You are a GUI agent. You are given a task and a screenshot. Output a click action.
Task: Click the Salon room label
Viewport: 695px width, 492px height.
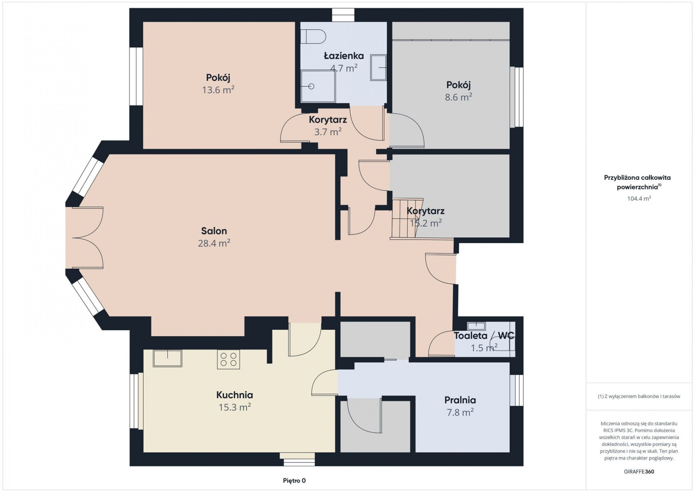click(214, 231)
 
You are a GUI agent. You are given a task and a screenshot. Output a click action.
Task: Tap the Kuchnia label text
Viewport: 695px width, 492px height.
click(234, 395)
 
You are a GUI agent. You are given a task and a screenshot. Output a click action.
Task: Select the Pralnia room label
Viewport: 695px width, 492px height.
click(460, 400)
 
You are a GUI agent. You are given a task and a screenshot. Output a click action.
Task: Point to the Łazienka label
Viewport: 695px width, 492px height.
click(344, 56)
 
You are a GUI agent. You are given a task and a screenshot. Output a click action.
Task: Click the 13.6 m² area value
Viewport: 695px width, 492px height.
click(218, 90)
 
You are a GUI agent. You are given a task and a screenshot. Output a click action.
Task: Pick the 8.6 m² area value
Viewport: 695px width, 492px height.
click(458, 97)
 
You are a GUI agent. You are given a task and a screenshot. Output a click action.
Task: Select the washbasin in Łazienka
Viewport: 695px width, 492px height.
click(378, 67)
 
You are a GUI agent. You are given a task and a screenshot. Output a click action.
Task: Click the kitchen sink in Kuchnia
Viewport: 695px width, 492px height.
click(167, 358)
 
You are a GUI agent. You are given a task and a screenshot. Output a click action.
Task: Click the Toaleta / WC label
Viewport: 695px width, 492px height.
click(484, 335)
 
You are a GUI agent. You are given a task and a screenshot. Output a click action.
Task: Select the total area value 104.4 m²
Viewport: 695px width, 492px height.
click(639, 198)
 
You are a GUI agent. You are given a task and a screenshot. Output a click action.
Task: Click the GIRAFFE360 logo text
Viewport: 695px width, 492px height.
click(639, 471)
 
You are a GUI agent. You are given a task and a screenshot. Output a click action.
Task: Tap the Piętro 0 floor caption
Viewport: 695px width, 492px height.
click(294, 480)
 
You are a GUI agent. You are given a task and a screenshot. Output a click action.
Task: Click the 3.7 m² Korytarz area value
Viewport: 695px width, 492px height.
click(328, 132)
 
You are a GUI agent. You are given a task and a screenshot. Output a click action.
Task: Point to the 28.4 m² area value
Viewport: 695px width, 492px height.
click(214, 243)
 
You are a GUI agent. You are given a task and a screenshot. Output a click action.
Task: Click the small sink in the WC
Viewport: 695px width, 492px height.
click(476, 326)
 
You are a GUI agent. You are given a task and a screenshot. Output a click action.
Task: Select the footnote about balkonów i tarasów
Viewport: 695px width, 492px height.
click(639, 396)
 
